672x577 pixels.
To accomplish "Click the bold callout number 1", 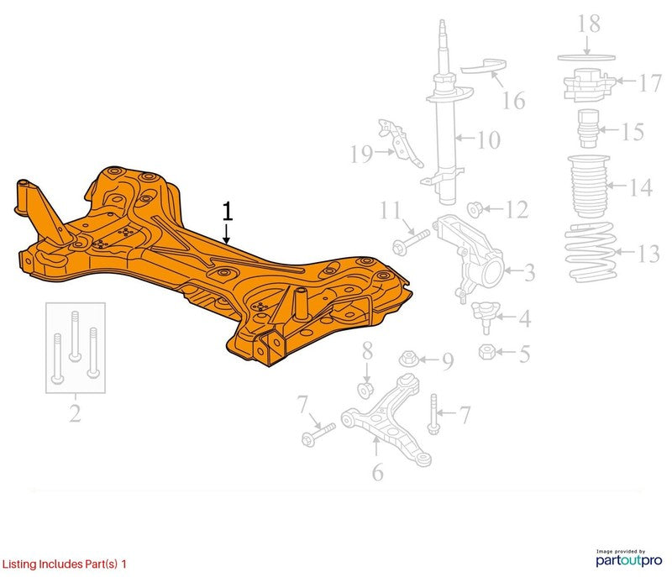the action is point(227,212).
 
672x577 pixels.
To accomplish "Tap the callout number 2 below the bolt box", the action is point(75,413).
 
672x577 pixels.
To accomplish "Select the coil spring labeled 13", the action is point(591,252).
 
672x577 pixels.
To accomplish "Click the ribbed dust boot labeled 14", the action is point(589,186).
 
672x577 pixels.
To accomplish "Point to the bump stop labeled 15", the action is point(588,129).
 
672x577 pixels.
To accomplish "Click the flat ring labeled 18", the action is point(586,57).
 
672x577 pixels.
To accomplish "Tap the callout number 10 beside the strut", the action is point(489,139).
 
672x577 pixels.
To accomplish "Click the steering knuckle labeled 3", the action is point(470,257).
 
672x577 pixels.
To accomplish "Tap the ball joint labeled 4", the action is point(486,316).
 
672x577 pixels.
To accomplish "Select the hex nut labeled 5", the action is point(487,352).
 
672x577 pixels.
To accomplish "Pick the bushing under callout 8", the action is point(365,390).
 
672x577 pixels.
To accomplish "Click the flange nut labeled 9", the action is point(408,359).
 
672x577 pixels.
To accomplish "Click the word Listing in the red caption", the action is point(19,564).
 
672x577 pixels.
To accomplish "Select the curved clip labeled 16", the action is point(484,66).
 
